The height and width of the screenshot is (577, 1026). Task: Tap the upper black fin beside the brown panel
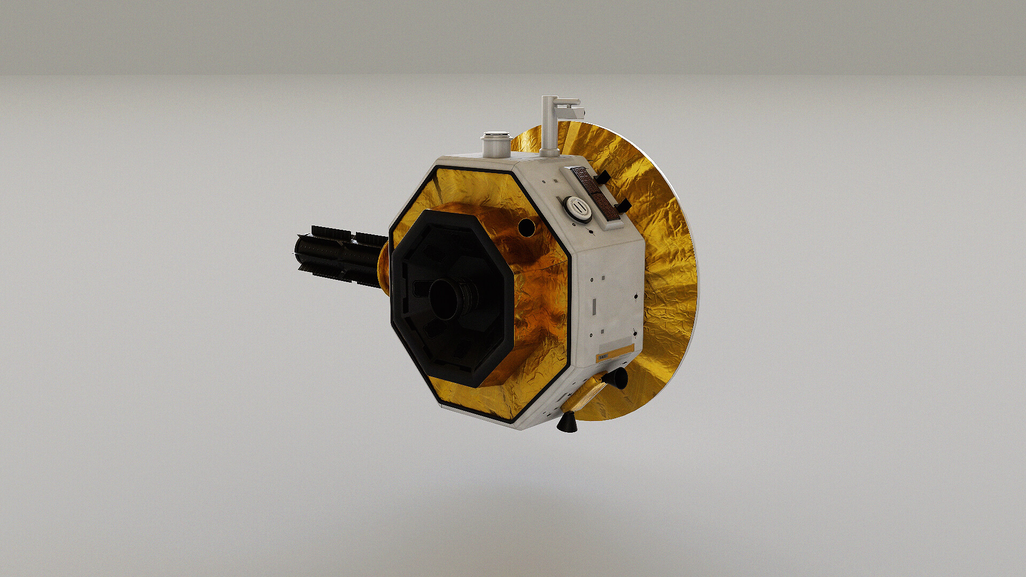pyautogui.click(x=602, y=177)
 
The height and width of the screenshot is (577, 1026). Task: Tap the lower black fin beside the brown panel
pyautogui.click(x=621, y=206)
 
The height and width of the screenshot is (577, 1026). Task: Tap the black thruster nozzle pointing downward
pyautogui.click(x=565, y=423)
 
